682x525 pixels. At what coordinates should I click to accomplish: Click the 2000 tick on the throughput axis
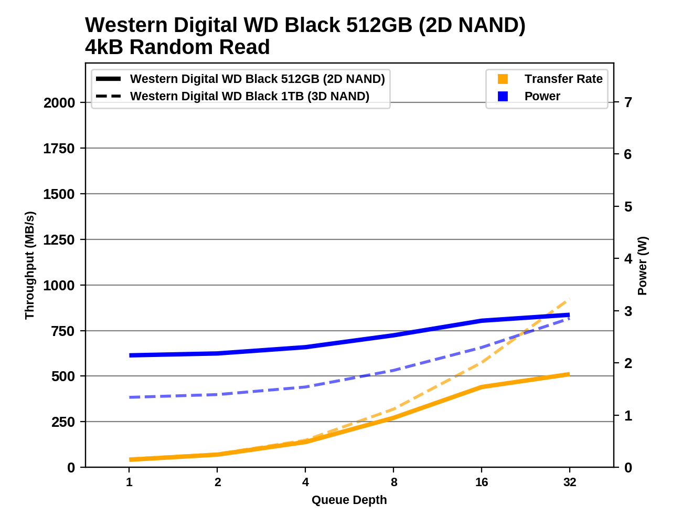click(59, 103)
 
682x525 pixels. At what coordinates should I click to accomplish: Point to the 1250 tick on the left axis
click(59, 240)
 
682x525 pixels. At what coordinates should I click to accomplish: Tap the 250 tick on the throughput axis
click(63, 422)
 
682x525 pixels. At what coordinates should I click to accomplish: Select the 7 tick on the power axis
click(628, 102)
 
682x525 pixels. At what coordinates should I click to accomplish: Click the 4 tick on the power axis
click(628, 259)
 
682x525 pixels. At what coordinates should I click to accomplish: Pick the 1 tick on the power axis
click(628, 416)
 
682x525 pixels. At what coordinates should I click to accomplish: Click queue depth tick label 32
click(570, 482)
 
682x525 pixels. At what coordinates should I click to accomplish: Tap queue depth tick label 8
click(394, 482)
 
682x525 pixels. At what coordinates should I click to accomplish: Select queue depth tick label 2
click(218, 482)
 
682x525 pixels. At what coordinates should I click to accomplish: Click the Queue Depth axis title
click(349, 500)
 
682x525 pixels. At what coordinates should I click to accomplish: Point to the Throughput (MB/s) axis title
click(29, 265)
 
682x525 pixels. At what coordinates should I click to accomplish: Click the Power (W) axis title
click(643, 266)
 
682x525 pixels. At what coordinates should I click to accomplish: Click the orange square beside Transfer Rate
click(503, 79)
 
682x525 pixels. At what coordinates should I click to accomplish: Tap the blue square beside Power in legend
click(503, 97)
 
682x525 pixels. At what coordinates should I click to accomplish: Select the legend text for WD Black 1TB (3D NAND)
click(250, 97)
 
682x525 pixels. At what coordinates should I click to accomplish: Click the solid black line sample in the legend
click(109, 79)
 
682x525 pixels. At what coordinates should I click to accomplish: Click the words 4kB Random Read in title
click(177, 47)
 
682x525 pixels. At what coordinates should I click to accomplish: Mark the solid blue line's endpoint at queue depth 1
click(130, 355)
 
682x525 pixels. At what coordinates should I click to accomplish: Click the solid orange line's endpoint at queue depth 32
click(569, 374)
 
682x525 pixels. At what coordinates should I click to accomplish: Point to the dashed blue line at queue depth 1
click(130, 397)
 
